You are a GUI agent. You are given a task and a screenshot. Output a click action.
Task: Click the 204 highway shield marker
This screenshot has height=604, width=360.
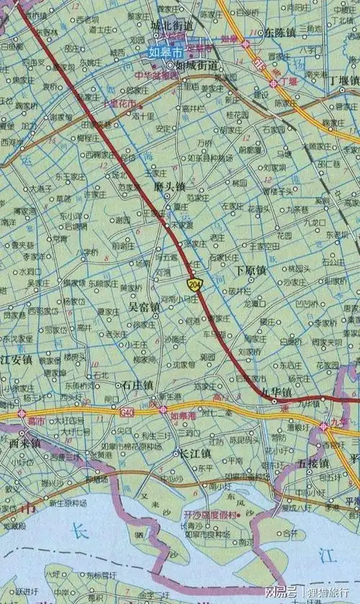click(x=194, y=285)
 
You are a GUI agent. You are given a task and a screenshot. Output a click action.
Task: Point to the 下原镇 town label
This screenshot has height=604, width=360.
click(x=251, y=270)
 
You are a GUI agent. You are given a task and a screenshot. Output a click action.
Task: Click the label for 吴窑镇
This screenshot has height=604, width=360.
click(x=144, y=307)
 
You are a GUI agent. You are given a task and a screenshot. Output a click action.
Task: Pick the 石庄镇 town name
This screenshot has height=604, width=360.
click(x=138, y=385)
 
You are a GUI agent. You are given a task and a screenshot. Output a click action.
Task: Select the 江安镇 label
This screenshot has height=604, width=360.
click(x=17, y=359)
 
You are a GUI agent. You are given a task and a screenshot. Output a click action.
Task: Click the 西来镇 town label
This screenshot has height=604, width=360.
click(x=25, y=444)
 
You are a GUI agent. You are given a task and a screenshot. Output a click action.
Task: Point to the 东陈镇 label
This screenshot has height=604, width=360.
click(x=279, y=33)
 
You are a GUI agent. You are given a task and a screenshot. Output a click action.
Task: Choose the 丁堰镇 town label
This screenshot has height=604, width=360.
click(x=343, y=80)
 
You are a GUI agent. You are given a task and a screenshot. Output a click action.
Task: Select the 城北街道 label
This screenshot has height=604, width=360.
click(x=172, y=26)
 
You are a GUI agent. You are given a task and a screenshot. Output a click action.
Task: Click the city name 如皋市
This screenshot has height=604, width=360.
click(x=166, y=52)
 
